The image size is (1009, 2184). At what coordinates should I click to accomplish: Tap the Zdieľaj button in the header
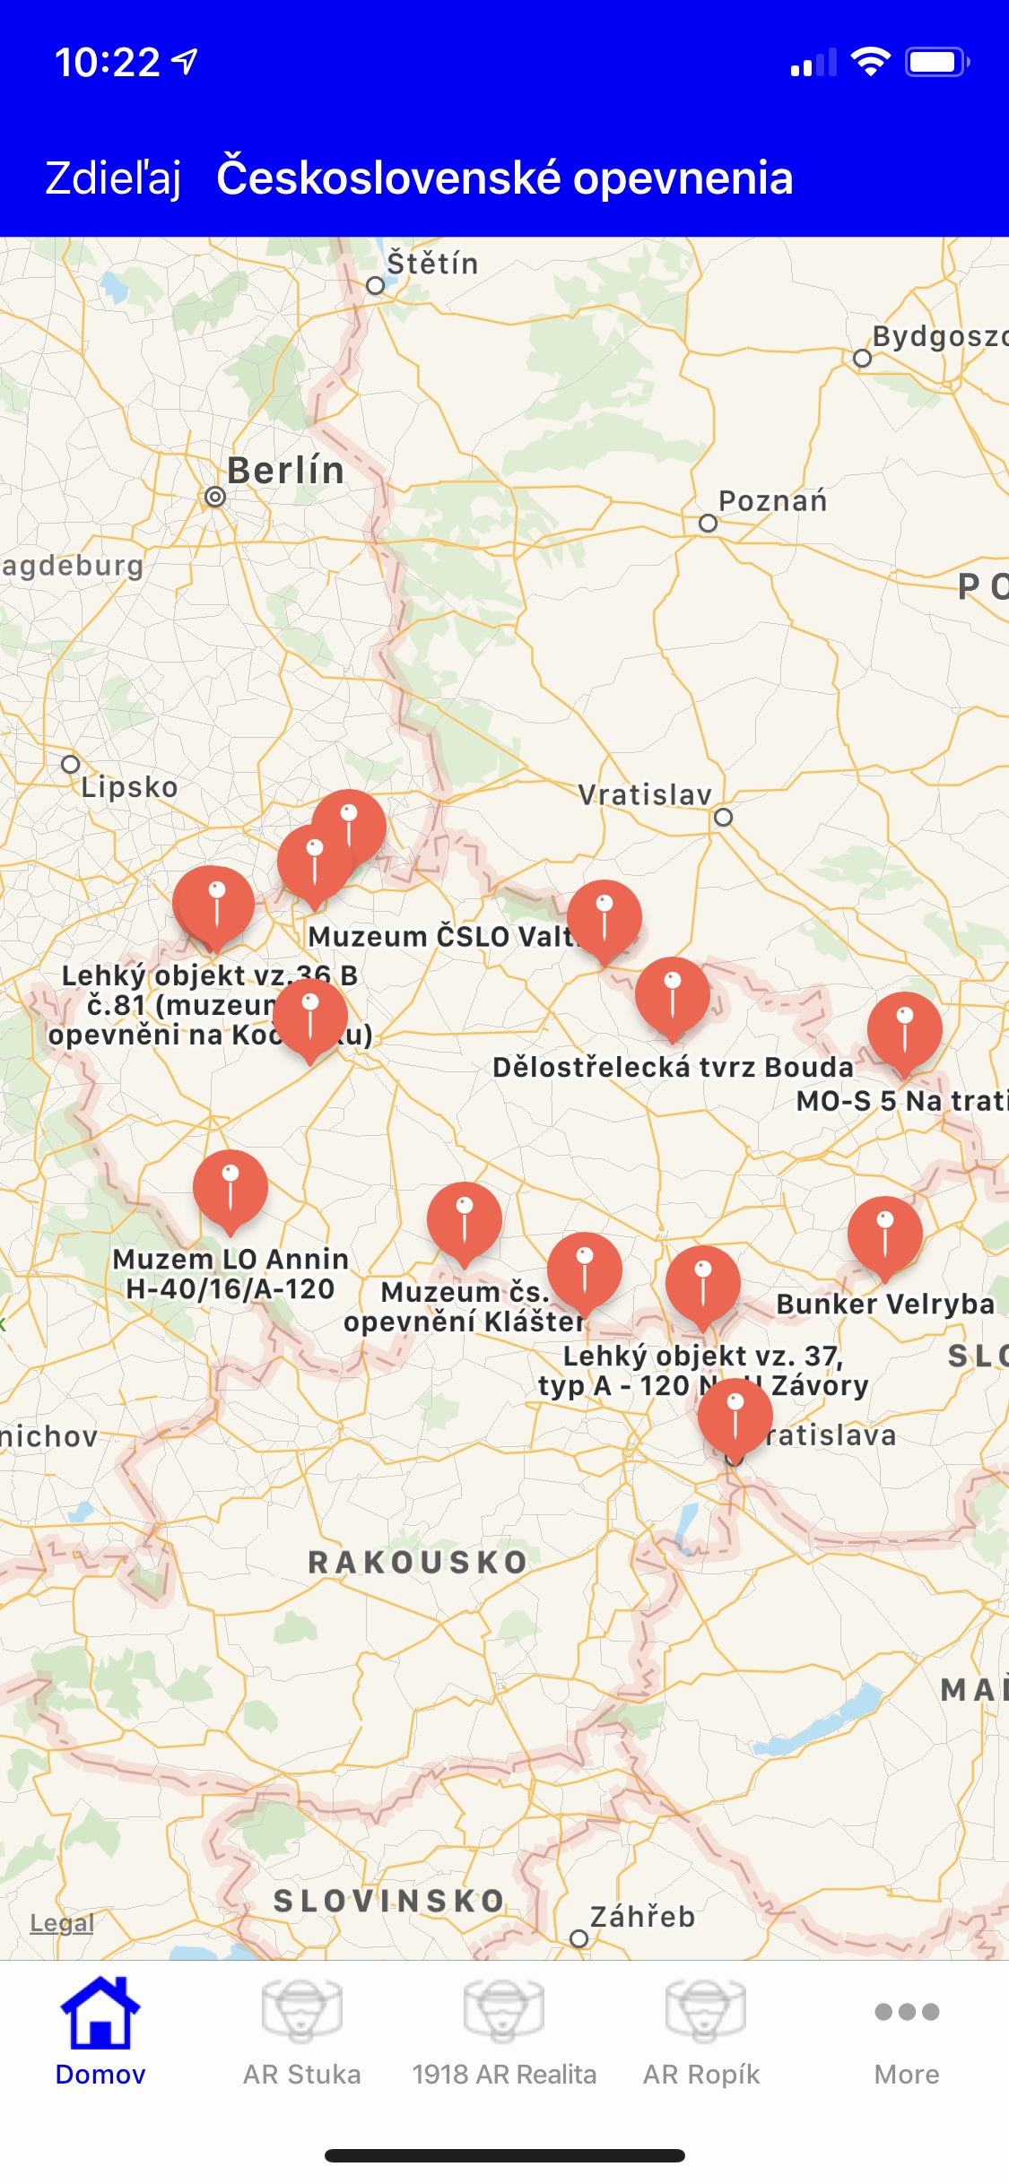click(x=113, y=178)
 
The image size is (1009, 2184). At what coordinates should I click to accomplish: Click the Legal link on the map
click(x=62, y=1922)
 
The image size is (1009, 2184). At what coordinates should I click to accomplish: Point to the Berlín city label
click(x=285, y=471)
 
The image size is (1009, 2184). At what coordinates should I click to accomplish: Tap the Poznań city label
click(x=772, y=501)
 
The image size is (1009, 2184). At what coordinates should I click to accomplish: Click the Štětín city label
click(x=432, y=264)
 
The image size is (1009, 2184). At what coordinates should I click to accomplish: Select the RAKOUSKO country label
click(x=418, y=1563)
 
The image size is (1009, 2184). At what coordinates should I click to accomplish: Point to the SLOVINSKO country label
click(x=389, y=1901)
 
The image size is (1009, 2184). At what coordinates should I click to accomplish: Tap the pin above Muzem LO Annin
click(x=231, y=1188)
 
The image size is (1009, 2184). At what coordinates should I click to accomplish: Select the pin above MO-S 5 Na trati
click(x=905, y=1029)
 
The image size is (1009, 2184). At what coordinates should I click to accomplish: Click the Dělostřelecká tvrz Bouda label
click(x=673, y=1067)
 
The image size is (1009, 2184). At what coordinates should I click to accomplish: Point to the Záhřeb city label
click(x=642, y=1917)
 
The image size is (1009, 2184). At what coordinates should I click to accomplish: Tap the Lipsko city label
click(x=129, y=787)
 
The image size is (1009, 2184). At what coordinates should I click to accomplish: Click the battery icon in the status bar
click(x=936, y=62)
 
